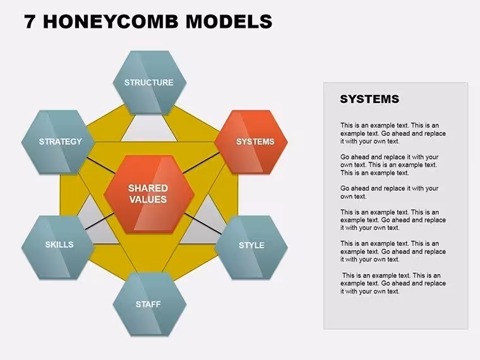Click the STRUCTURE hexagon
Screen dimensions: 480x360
[150, 83]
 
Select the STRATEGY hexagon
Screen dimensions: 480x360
[58, 141]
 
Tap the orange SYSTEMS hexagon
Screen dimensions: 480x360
[251, 141]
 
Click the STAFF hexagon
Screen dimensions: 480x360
[150, 304]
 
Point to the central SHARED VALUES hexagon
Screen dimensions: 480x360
[149, 194]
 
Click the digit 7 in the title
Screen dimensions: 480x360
[30, 21]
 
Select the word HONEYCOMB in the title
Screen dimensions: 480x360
[111, 21]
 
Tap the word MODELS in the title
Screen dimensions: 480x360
[229, 21]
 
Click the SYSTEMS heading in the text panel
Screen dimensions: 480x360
[369, 99]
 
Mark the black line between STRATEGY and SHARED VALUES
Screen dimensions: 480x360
[100, 165]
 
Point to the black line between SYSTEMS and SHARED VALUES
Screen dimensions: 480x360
[201, 163]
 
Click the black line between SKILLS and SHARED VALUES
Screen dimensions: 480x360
[99, 221]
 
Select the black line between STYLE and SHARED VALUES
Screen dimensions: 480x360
[203, 224]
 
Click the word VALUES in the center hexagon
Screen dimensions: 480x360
[148, 200]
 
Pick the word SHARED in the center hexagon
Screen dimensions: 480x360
[148, 188]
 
